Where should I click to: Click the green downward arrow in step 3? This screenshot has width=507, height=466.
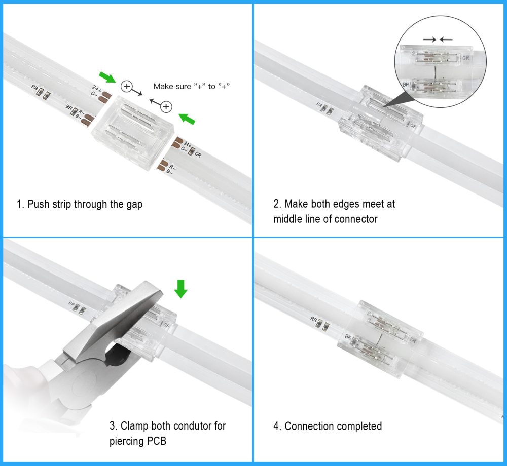[180, 288]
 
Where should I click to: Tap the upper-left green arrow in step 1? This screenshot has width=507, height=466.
[107, 77]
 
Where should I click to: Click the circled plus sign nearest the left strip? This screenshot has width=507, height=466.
[127, 87]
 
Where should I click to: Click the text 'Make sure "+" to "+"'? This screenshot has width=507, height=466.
[192, 87]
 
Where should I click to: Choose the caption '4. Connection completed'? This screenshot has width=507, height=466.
[328, 426]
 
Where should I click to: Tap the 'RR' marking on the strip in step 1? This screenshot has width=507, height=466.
[34, 88]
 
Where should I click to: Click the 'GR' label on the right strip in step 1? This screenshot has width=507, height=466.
[198, 154]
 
